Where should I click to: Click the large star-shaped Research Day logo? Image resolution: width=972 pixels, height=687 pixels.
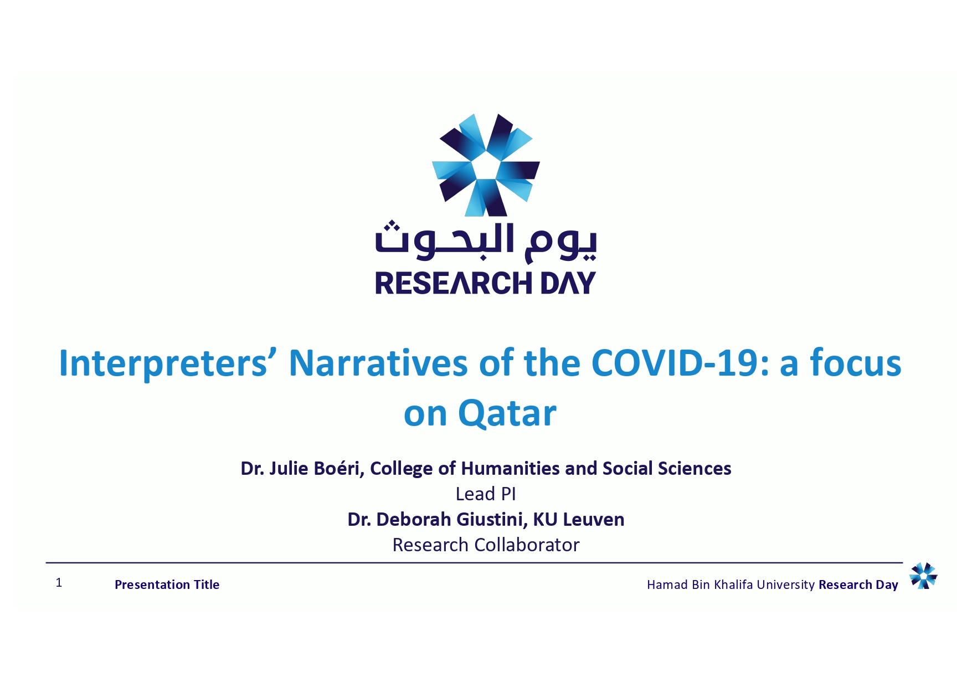[x=486, y=165]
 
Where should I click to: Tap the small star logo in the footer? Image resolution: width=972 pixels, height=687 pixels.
[x=923, y=576]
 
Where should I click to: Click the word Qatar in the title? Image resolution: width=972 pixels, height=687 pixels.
[x=507, y=413]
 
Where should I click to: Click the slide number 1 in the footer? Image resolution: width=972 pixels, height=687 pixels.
[x=59, y=582]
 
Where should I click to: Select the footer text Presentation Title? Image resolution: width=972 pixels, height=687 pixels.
[x=167, y=585]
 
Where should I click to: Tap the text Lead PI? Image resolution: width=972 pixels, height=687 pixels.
[x=486, y=494]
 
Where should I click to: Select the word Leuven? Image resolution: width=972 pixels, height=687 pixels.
[x=593, y=520]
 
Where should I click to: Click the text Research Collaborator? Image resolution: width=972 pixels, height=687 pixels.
[x=486, y=545]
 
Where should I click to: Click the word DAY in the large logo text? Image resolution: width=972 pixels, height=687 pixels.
[x=568, y=283]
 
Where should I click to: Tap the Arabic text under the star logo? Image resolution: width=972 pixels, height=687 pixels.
[x=486, y=242]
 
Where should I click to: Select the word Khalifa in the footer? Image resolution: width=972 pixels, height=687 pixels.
[x=734, y=585]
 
